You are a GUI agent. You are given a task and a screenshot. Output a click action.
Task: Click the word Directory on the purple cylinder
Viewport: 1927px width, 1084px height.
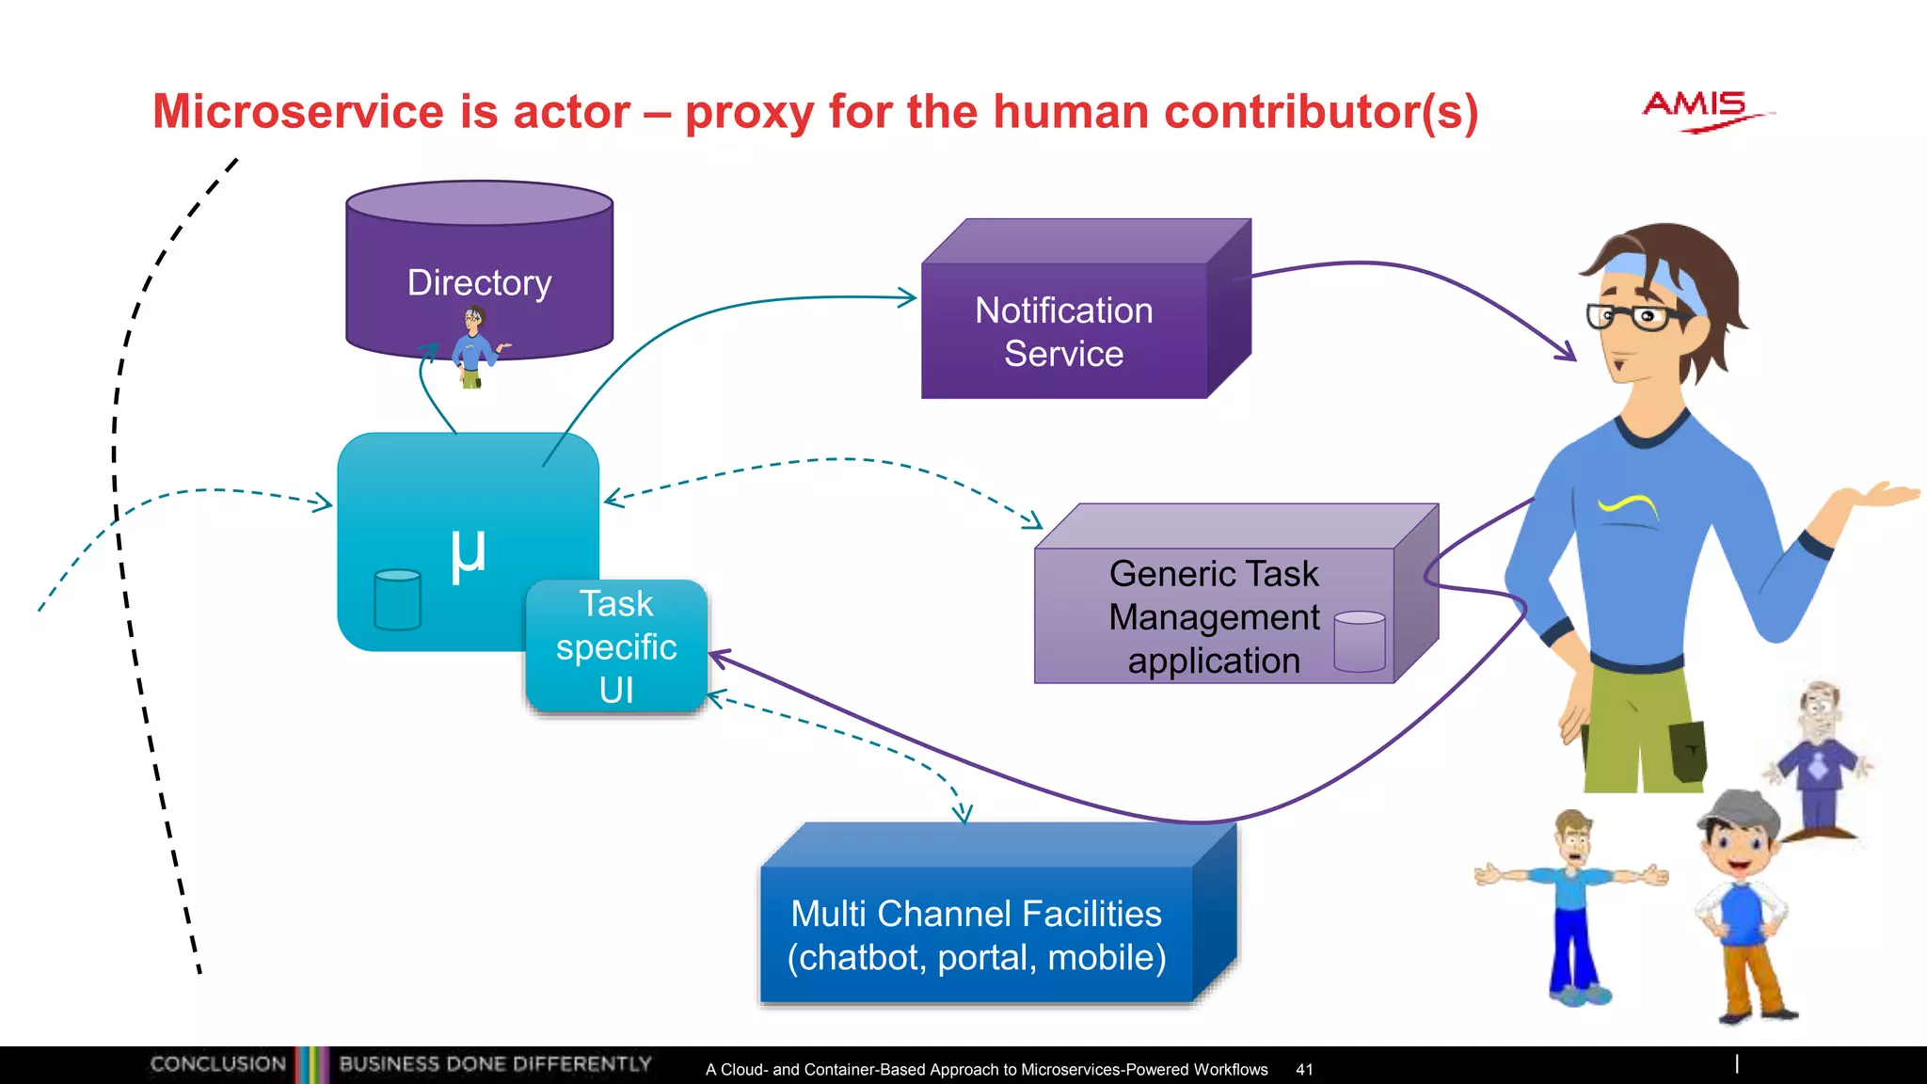click(479, 282)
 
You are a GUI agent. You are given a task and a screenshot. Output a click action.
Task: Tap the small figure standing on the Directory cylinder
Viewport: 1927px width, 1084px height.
click(474, 347)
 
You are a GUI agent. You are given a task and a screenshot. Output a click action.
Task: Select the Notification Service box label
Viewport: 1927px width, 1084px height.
click(1063, 331)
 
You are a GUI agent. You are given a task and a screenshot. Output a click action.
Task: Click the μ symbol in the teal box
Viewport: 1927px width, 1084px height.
click(468, 553)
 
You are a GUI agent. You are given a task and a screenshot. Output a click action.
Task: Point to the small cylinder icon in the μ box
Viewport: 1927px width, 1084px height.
click(397, 599)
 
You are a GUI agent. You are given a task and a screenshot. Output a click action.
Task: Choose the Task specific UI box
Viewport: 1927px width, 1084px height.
click(616, 646)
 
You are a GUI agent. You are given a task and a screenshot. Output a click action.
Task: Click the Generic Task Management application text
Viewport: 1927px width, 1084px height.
click(1214, 616)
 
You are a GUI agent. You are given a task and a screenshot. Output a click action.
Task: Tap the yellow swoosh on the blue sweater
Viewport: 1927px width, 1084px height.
click(1628, 506)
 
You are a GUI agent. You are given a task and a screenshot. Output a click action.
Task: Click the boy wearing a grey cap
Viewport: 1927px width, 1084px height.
click(1741, 903)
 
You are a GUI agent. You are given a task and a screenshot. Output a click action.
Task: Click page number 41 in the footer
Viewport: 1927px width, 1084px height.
click(1304, 1069)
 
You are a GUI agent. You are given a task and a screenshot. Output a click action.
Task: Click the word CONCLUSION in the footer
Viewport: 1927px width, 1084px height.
click(217, 1063)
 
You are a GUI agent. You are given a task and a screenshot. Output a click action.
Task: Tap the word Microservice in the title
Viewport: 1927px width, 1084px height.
click(297, 112)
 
